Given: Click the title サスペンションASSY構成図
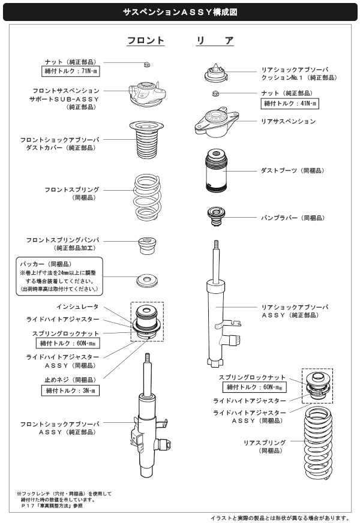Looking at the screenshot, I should click(x=179, y=11).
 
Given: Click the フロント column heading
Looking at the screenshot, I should click(x=145, y=41).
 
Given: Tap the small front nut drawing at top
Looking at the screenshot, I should click(x=148, y=64).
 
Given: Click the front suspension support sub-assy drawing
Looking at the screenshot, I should click(x=146, y=93).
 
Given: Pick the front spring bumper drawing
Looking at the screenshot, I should click(x=146, y=246).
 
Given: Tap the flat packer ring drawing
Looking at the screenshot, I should click(x=146, y=280).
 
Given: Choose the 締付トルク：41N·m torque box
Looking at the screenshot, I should click(x=291, y=104).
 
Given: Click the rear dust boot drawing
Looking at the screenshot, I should click(x=217, y=170).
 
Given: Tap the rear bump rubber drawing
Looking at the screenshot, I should click(x=217, y=217).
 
